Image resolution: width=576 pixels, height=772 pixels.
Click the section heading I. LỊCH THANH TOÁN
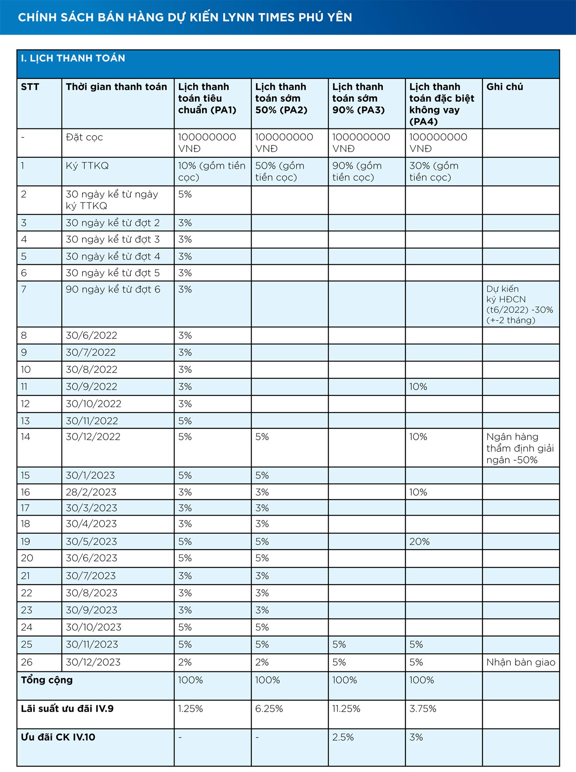(x=73, y=58)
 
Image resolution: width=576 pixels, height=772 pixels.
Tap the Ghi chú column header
(x=504, y=87)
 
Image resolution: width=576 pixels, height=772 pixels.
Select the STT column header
(x=30, y=87)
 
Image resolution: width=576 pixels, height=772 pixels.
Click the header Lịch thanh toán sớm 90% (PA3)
(x=358, y=98)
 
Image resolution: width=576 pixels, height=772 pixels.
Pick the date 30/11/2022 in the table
(x=92, y=421)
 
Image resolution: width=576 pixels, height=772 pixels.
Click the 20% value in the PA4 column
(x=419, y=541)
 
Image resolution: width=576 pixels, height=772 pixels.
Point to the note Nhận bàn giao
(x=521, y=662)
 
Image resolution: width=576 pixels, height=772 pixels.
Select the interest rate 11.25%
(x=346, y=709)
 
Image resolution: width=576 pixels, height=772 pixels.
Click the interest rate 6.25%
(x=269, y=709)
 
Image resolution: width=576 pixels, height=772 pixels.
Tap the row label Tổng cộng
(x=47, y=680)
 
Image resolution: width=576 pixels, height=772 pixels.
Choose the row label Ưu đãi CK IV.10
(x=58, y=737)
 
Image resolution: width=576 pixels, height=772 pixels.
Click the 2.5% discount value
(x=343, y=737)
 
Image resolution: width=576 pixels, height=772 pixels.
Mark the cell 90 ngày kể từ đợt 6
(x=113, y=289)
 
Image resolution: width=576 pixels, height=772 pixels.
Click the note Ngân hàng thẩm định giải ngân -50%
(x=520, y=448)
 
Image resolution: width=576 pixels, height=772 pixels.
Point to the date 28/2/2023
(x=91, y=492)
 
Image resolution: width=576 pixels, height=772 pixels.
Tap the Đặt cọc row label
(x=84, y=137)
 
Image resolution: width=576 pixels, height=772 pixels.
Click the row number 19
(x=26, y=541)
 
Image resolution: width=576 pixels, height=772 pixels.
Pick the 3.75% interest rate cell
(x=423, y=709)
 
